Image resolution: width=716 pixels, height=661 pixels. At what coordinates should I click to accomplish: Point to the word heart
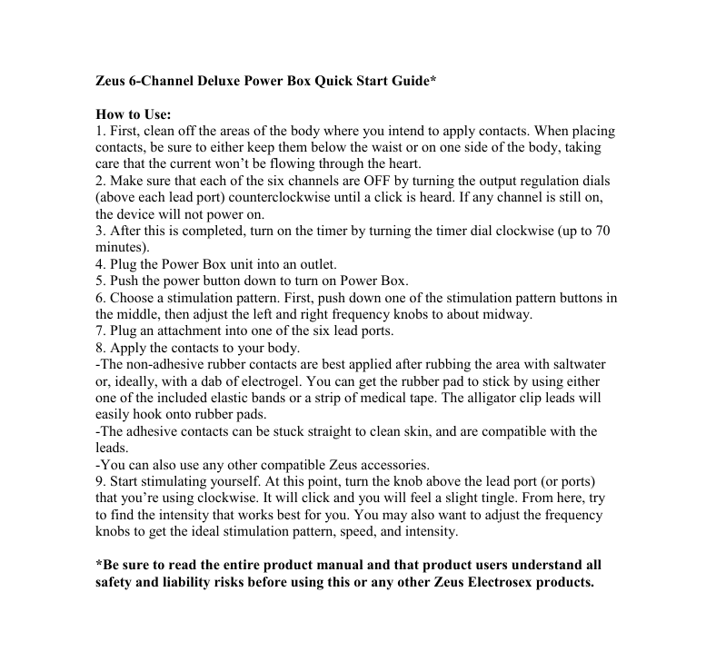coord(397,164)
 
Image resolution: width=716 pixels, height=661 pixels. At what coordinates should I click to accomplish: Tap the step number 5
coord(100,281)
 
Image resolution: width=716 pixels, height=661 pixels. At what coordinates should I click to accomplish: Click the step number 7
coord(100,330)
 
